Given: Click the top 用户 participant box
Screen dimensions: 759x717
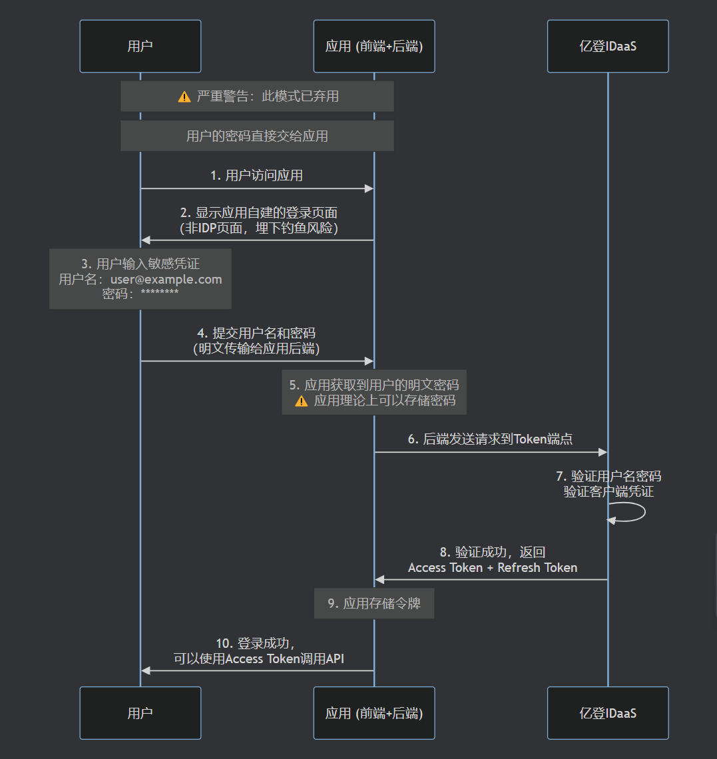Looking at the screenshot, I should point(140,46).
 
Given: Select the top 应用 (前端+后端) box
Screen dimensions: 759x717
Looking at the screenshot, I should point(374,46).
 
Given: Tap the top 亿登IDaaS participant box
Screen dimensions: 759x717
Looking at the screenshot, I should point(608,46).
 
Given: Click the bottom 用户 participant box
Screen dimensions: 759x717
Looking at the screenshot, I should point(140,713).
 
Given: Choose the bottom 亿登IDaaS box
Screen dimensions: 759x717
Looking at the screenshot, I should point(608,713).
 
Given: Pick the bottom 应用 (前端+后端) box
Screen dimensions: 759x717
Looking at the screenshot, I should point(374,713).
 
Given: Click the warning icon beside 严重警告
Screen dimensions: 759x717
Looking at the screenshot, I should point(184,97).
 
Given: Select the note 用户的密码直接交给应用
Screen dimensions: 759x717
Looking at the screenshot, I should point(257,136).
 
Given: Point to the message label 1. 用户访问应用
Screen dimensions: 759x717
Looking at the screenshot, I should point(257,175).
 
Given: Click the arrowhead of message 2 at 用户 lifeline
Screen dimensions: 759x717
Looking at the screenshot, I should point(146,240).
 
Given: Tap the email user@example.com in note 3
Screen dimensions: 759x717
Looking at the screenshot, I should point(166,279).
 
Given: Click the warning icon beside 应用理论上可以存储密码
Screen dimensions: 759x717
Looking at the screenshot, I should point(302,401).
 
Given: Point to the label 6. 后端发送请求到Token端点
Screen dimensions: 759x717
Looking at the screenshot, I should point(491,439).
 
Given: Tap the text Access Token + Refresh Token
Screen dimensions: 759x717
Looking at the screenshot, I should point(493,568).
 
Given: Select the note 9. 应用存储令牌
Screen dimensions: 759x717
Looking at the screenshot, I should point(374,603).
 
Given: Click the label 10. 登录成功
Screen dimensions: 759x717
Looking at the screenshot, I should point(256,643).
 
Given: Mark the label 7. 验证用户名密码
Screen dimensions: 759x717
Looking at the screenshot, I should point(608,477).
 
